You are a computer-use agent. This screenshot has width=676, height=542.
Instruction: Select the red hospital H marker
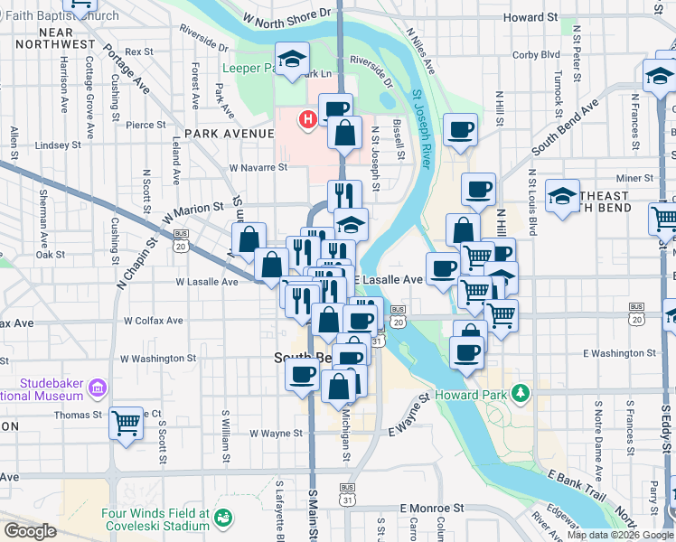click(309, 117)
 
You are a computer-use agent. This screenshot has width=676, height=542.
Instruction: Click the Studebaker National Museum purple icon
click(98, 389)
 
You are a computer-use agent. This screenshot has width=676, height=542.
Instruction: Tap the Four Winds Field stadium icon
click(222, 519)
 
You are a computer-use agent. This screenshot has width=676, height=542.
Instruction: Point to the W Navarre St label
click(258, 167)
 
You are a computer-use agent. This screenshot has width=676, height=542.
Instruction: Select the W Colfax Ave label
click(154, 321)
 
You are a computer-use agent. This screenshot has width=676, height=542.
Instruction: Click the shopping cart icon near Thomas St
click(126, 422)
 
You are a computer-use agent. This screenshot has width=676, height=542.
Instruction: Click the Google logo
click(30, 531)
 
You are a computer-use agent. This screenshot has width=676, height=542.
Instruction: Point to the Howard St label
click(530, 17)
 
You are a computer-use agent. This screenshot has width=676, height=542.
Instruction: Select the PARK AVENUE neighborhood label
click(229, 134)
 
